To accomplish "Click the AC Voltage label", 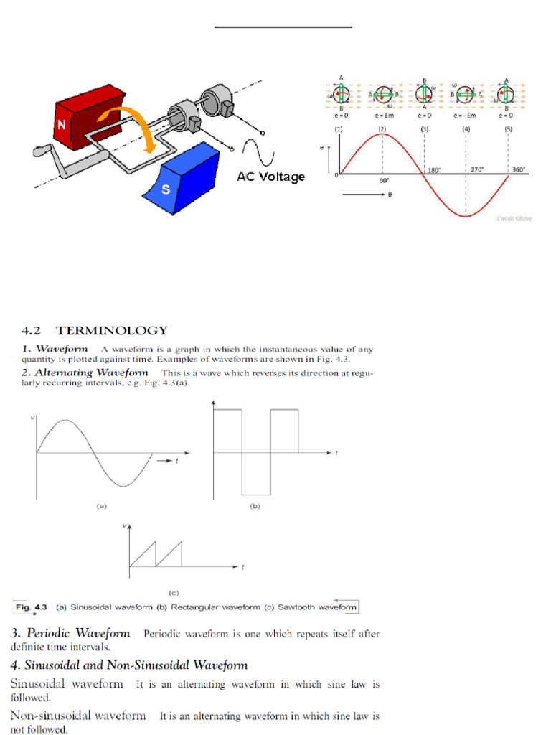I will (270, 177).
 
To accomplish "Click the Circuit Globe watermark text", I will (514, 219).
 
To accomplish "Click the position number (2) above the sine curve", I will (382, 128).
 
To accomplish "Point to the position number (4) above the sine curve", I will (466, 128).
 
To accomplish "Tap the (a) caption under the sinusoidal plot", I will (101, 506).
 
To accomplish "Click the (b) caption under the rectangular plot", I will (254, 506).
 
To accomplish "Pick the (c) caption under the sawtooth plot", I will (173, 593).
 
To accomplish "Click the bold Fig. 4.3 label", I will (32, 607).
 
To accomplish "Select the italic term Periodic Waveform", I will (78, 634).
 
